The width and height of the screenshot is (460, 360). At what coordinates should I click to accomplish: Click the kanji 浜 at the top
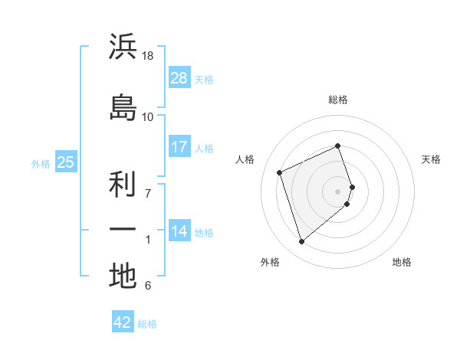tap(123, 47)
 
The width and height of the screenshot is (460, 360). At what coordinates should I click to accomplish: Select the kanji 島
tap(123, 107)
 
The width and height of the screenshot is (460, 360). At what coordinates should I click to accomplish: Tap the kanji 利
tap(123, 184)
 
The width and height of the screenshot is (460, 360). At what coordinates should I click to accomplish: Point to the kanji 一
tap(123, 229)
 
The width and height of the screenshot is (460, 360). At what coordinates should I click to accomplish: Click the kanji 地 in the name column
tap(123, 276)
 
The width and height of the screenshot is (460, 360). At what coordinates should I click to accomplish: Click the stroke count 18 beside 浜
tap(148, 56)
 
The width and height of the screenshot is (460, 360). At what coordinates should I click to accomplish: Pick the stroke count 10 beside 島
tap(148, 116)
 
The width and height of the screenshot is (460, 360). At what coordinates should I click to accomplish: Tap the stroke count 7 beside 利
tap(148, 193)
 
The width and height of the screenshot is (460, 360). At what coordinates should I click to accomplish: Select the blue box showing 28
tap(179, 77)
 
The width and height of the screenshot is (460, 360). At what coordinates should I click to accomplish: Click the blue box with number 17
tap(179, 146)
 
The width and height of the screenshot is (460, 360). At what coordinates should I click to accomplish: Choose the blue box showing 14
tap(179, 231)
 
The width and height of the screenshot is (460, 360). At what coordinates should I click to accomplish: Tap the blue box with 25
tap(66, 162)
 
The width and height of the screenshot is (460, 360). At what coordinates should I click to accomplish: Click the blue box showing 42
tap(123, 322)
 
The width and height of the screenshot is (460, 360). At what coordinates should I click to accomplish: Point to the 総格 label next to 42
tap(147, 324)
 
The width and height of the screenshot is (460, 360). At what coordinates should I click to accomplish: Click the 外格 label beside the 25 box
tap(41, 163)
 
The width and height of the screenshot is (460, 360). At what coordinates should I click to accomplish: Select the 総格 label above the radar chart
tap(337, 100)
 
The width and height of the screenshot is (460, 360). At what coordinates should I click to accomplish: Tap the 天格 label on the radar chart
tap(431, 159)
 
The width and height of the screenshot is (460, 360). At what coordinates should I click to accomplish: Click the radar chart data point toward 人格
tap(281, 172)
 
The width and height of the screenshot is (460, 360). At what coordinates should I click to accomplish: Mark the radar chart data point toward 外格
tap(301, 242)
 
